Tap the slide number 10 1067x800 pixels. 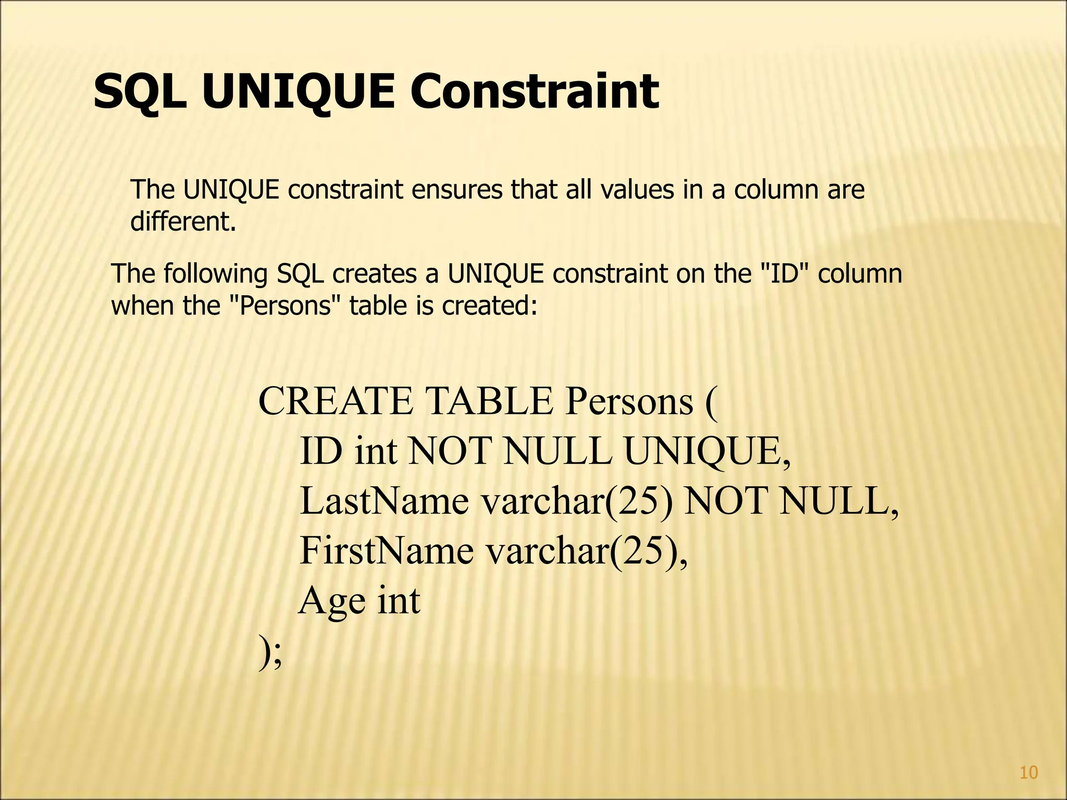(1028, 773)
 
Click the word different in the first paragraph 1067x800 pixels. (183, 222)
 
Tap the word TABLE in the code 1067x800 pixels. (490, 402)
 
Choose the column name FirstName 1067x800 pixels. (386, 551)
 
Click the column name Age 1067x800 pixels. (332, 601)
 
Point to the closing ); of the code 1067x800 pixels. (270, 652)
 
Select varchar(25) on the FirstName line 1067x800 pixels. (587, 551)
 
